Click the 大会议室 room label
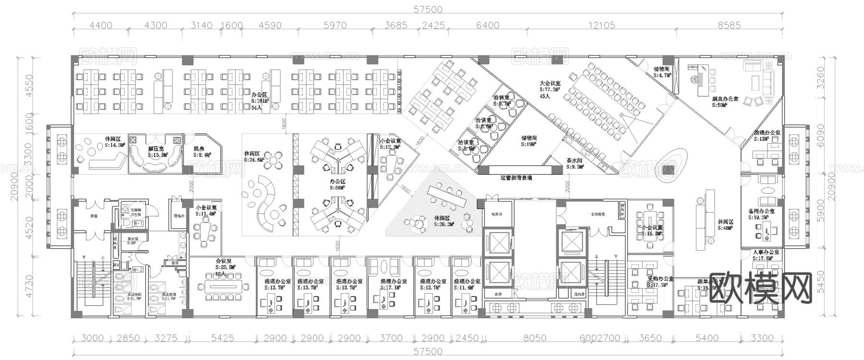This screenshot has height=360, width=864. point(550,83)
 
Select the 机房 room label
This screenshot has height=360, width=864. point(199,149)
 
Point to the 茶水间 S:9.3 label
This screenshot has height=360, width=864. point(574,161)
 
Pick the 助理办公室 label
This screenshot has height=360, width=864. point(767,132)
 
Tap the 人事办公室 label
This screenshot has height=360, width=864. point(766,252)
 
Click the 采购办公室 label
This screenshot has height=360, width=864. point(660,279)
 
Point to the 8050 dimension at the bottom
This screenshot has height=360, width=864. point(534,338)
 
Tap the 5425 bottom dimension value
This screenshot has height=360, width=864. point(222,338)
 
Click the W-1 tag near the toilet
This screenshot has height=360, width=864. point(138,224)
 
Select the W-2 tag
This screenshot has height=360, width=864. point(138,270)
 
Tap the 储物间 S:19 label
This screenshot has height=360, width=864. point(529,138)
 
